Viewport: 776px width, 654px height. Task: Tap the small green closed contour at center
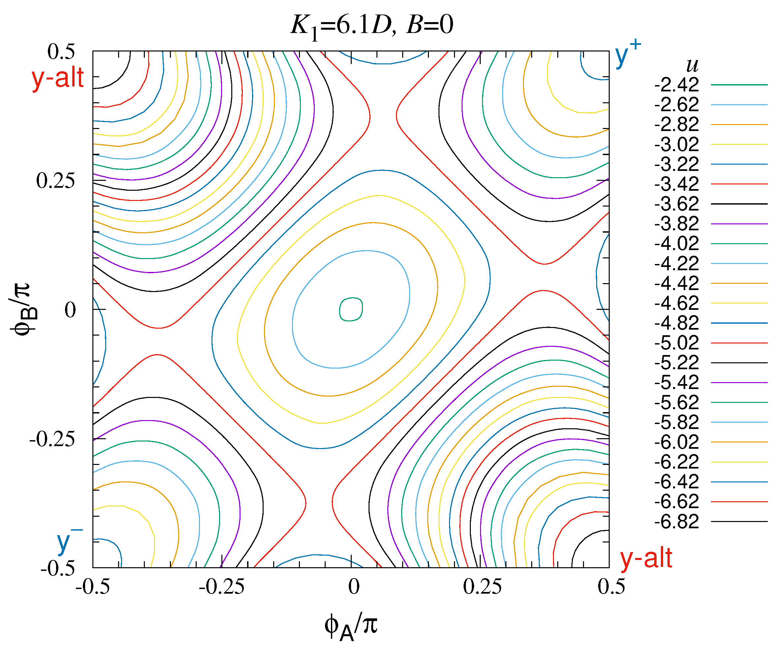click(x=351, y=309)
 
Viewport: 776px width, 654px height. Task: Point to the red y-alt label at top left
click(x=58, y=78)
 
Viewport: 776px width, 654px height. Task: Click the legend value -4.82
click(x=676, y=323)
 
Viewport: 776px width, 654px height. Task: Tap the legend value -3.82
click(x=676, y=224)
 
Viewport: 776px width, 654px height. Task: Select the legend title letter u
click(x=692, y=66)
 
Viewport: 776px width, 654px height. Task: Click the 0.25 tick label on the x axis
click(x=482, y=587)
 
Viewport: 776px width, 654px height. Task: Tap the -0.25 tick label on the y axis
click(x=52, y=439)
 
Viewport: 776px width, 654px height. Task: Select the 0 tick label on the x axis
click(x=353, y=587)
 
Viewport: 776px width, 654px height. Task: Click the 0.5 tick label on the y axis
click(x=61, y=51)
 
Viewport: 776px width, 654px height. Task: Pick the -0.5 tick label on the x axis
click(x=93, y=587)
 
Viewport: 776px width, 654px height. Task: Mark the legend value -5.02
click(x=676, y=343)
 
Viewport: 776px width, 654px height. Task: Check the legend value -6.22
click(x=676, y=462)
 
